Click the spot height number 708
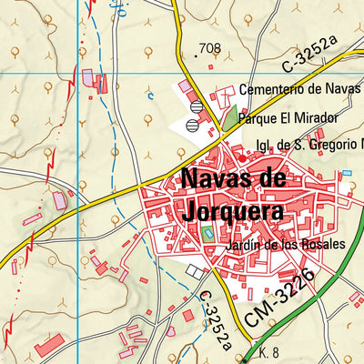(210, 48)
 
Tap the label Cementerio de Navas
(300, 90)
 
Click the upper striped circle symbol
(196, 106)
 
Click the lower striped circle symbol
(191, 125)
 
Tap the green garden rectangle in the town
(208, 234)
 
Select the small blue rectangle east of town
(346, 173)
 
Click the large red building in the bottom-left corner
(49, 345)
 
